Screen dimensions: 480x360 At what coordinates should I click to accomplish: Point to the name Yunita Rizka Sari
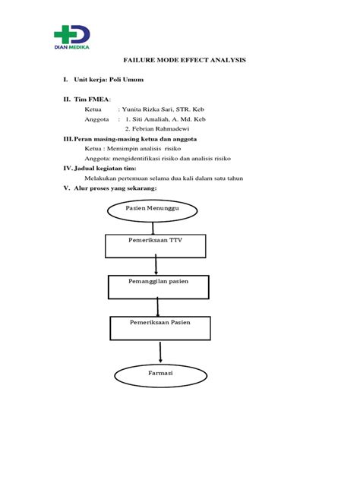pos(154,109)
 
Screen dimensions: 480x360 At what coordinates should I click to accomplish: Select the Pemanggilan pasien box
pos(158,286)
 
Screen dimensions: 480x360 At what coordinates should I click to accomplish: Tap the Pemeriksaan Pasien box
pos(159,327)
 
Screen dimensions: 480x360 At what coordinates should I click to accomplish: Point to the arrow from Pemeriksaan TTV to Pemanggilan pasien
pos(156,266)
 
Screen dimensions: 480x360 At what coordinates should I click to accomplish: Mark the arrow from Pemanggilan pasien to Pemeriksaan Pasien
pos(158,307)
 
